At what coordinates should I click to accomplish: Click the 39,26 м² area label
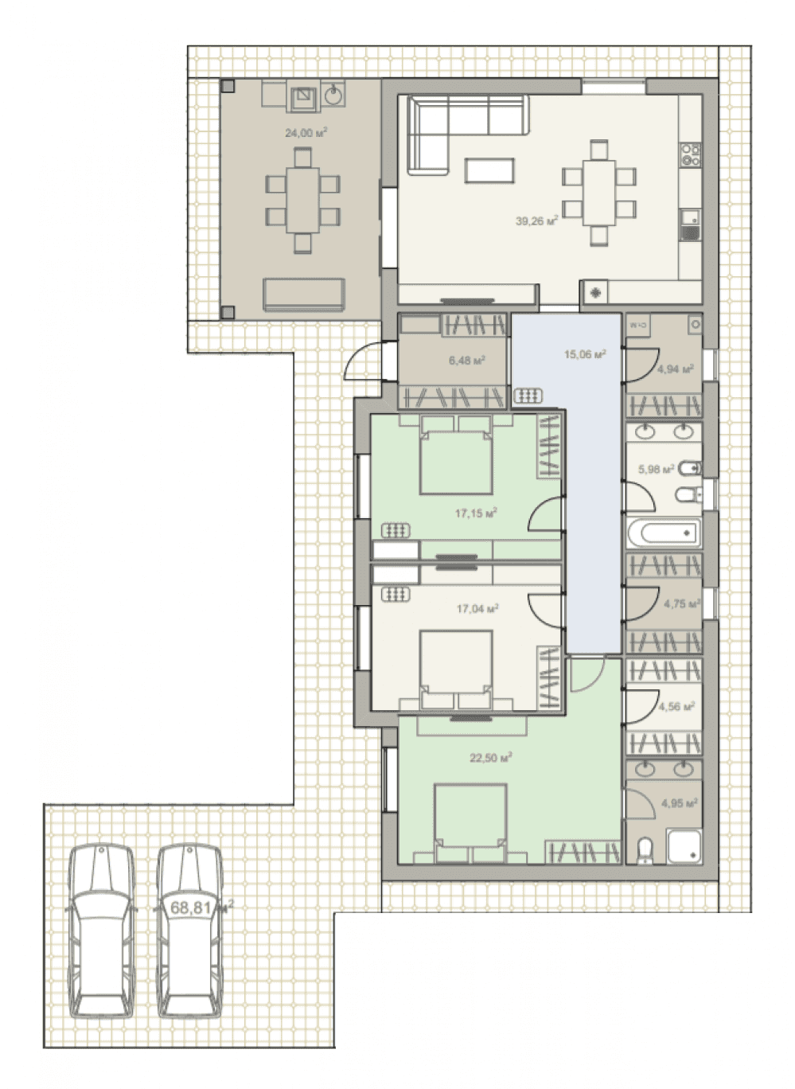pyautogui.click(x=536, y=221)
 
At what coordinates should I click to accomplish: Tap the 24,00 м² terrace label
pyautogui.click(x=306, y=132)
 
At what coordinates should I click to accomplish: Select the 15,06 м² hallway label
pyautogui.click(x=585, y=354)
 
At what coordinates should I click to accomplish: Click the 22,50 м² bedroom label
pyautogui.click(x=491, y=757)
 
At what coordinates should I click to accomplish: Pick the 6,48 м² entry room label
pyautogui.click(x=467, y=361)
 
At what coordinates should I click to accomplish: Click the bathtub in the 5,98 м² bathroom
pyautogui.click(x=664, y=533)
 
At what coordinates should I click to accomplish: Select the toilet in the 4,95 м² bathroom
pyautogui.click(x=645, y=850)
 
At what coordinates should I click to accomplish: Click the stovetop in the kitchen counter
pyautogui.click(x=691, y=154)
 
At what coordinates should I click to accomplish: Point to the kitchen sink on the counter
pyautogui.click(x=690, y=224)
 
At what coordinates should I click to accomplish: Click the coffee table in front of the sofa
pyautogui.click(x=489, y=170)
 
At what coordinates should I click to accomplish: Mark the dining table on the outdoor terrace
pyautogui.click(x=302, y=201)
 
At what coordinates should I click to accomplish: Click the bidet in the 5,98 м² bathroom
pyautogui.click(x=688, y=468)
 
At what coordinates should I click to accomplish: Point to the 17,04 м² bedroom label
pyautogui.click(x=477, y=608)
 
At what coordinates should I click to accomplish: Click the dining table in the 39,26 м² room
pyautogui.click(x=599, y=193)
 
